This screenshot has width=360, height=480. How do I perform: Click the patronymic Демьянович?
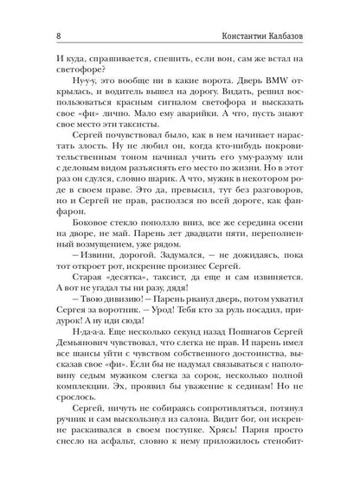[77, 373]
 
